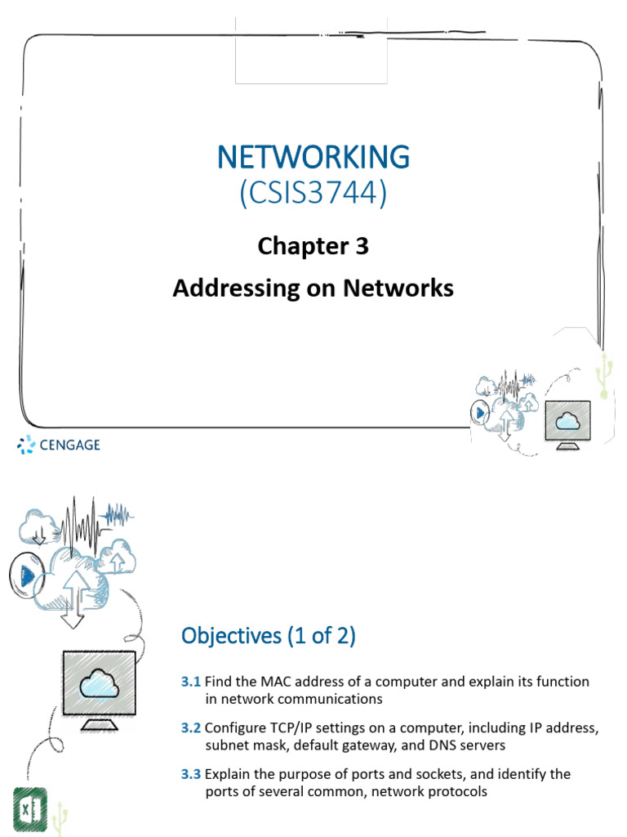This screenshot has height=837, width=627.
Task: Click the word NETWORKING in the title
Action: [x=313, y=156]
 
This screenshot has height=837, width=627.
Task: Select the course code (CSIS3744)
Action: [x=313, y=195]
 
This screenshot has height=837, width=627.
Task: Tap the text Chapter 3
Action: [x=313, y=246]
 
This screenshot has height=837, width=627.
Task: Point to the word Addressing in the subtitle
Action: [x=220, y=289]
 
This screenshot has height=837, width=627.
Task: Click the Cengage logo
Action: [x=59, y=445]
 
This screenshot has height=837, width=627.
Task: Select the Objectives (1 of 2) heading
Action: [x=269, y=637]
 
